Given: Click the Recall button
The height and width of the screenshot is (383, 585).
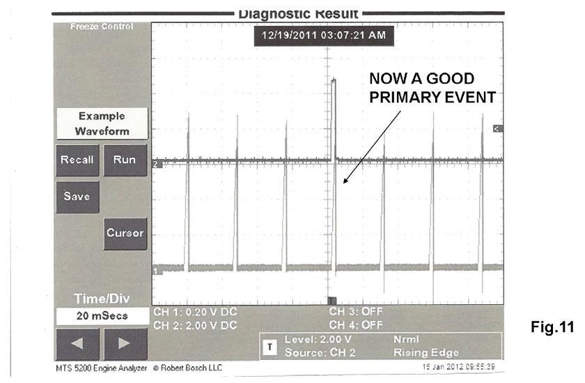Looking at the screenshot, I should pos(77,160).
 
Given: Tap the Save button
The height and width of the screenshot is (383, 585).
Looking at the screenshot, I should pos(77,196).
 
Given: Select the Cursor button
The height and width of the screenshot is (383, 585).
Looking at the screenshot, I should pos(125,233).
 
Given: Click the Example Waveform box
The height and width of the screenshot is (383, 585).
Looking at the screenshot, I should pos(102,123).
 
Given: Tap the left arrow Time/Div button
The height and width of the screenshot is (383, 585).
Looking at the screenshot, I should pos(77,343).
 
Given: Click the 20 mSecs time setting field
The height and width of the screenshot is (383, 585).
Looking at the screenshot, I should pos(102,316).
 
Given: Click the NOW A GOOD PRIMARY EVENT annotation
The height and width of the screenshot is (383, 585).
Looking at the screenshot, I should pos(432,87).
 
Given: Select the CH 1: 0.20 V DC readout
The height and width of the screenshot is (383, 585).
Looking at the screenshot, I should pos(195,312).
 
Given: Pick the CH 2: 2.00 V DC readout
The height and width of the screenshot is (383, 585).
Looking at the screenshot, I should pos(195,325).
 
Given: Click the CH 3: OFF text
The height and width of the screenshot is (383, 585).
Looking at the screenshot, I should pos(356,312).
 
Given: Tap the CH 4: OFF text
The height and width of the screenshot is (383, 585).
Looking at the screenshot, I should pos(356,325).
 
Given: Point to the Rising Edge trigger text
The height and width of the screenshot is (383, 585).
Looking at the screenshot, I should pos(420,353).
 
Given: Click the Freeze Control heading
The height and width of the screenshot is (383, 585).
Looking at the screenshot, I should pos(102,27).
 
